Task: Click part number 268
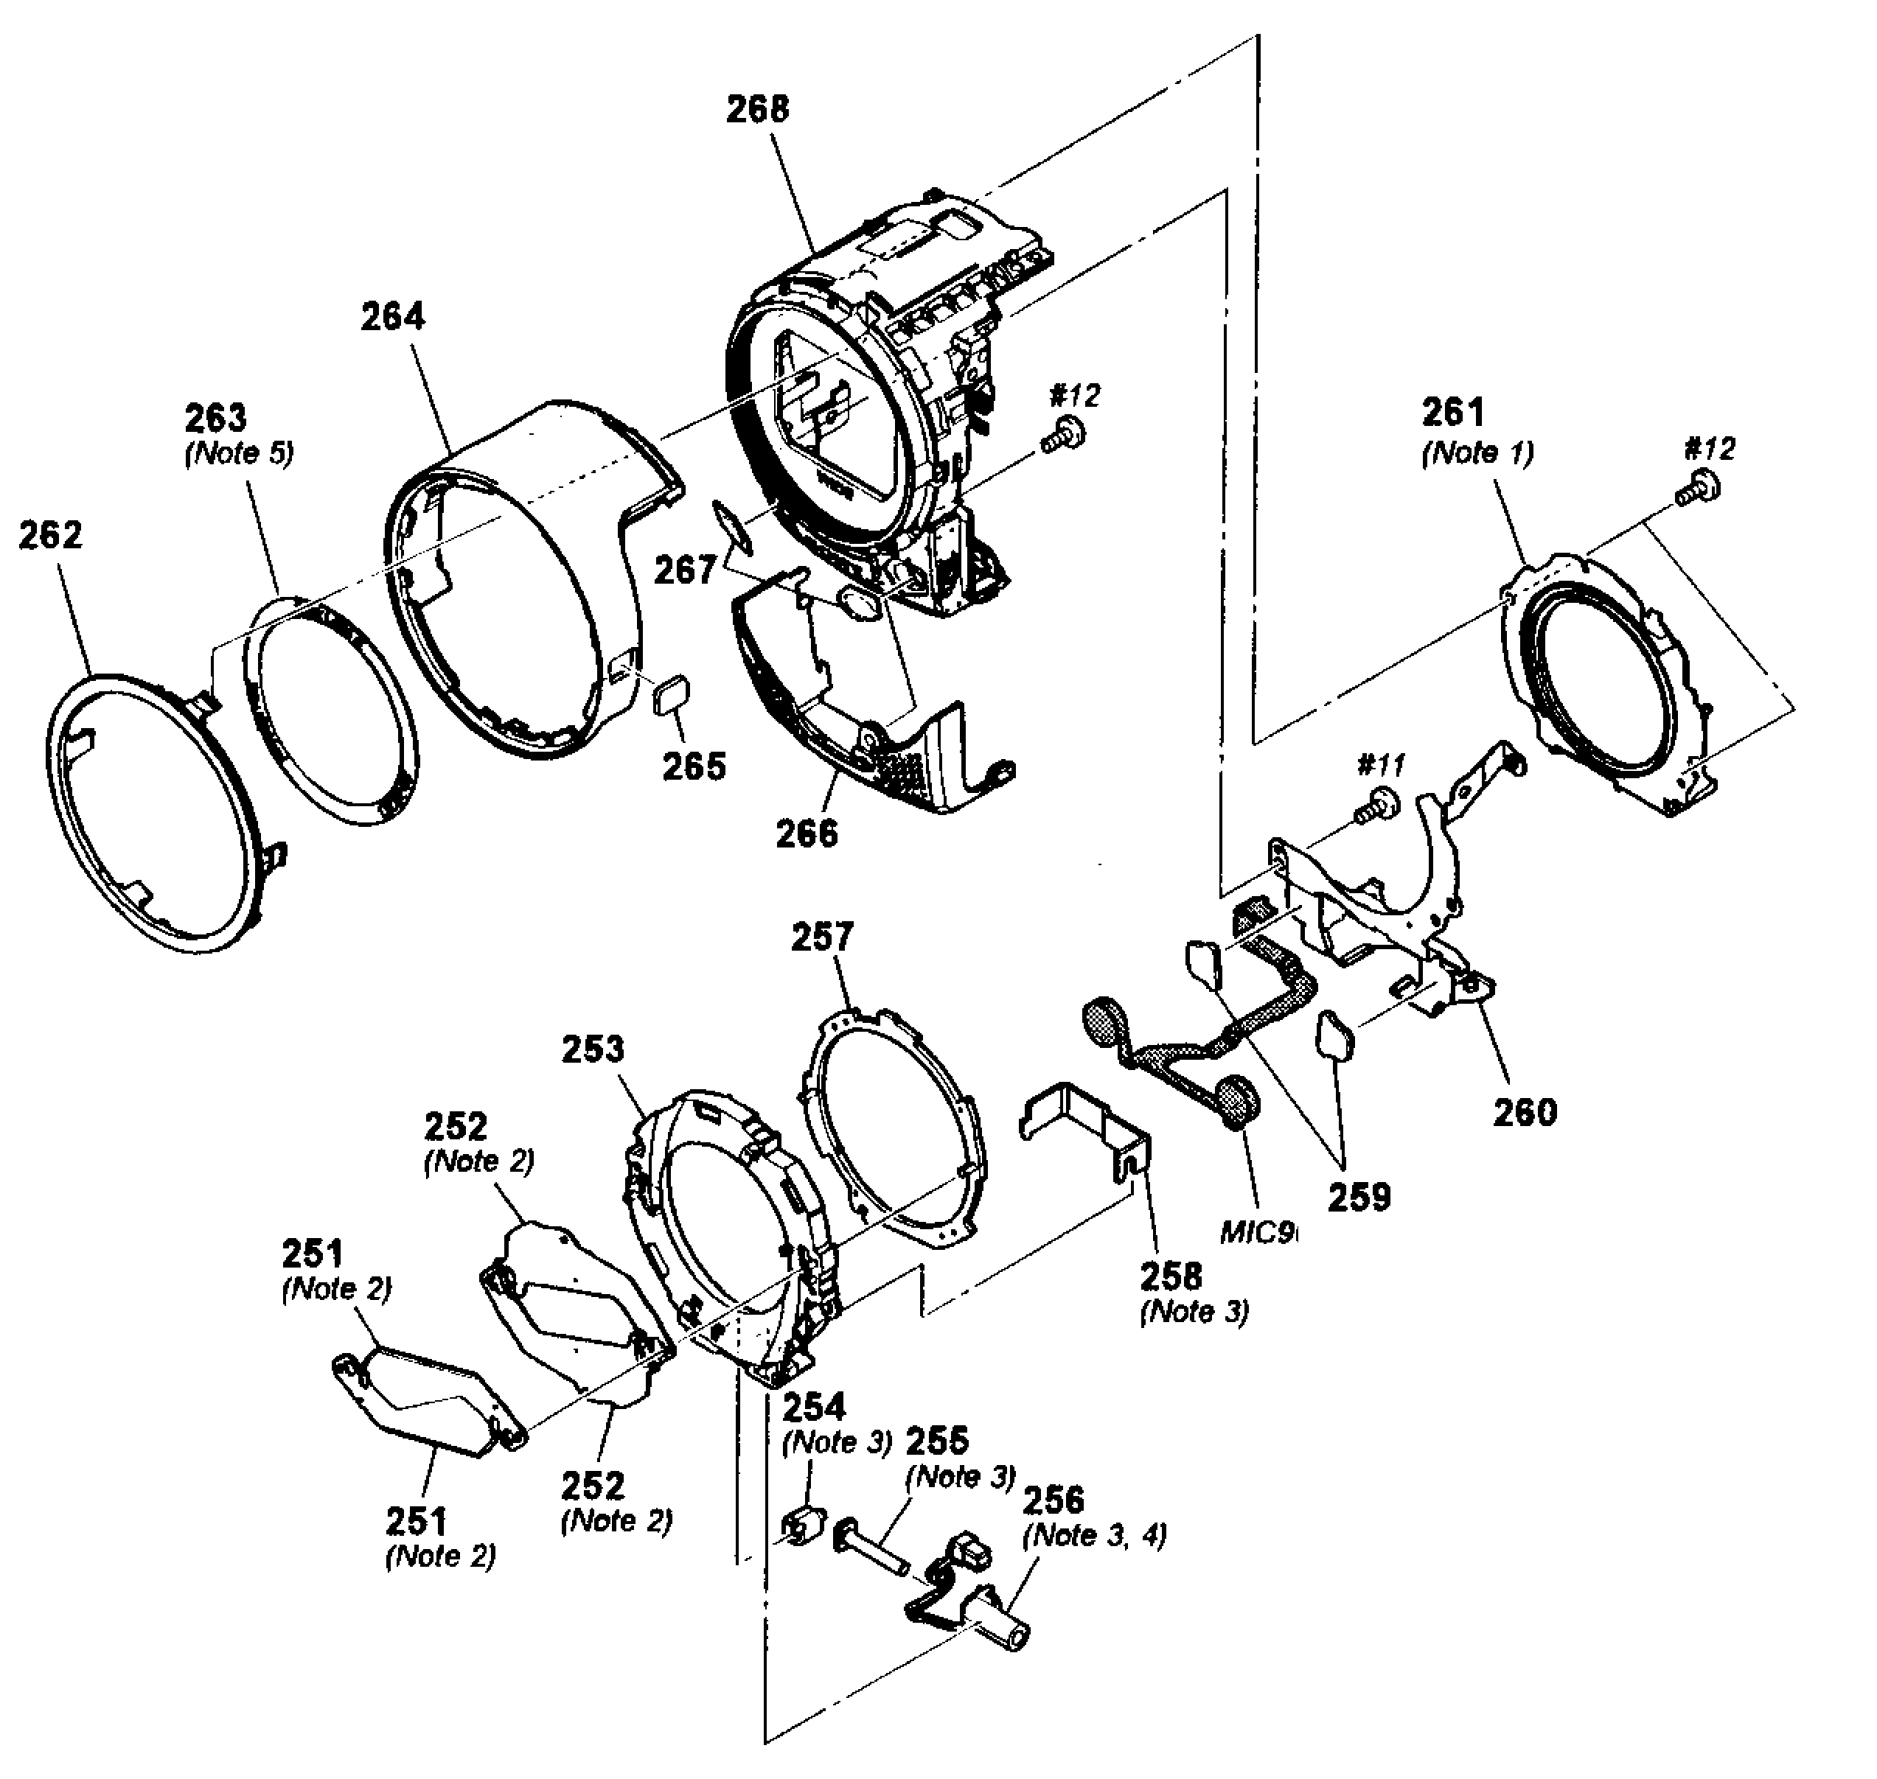click(x=757, y=110)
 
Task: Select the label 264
click(x=393, y=317)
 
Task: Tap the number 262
click(x=51, y=536)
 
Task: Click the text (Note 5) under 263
click(x=239, y=452)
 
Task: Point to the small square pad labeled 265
click(x=672, y=697)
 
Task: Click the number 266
click(x=807, y=833)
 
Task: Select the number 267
click(x=685, y=570)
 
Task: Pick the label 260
click(x=1525, y=1111)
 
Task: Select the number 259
click(x=1359, y=1198)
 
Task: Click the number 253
click(x=593, y=1049)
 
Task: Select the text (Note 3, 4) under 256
click(x=1095, y=1534)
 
